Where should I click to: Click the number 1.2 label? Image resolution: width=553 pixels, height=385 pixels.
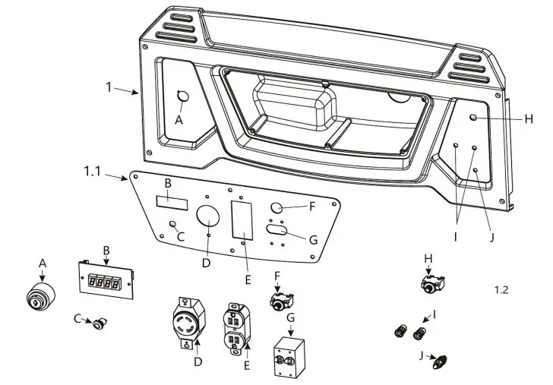coord(501,289)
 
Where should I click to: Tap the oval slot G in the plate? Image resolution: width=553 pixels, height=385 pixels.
coord(276,229)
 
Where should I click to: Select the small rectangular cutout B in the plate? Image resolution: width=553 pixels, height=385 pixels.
coord(172,203)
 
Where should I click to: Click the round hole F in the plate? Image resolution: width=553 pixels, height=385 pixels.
coord(277,208)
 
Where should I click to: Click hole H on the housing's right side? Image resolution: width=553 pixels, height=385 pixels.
coord(473,118)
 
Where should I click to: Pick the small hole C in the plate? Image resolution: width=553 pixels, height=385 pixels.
coord(173,224)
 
